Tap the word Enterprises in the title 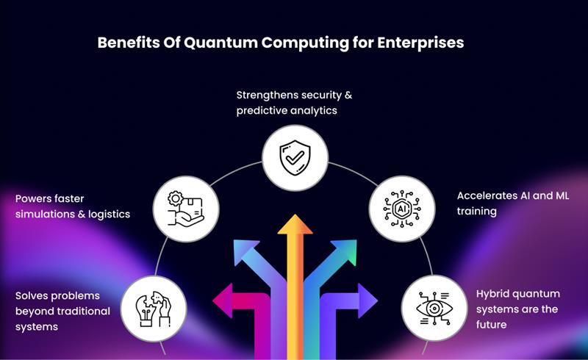point(420,43)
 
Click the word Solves point(34,295)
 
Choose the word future point(493,324)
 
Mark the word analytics point(317,111)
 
